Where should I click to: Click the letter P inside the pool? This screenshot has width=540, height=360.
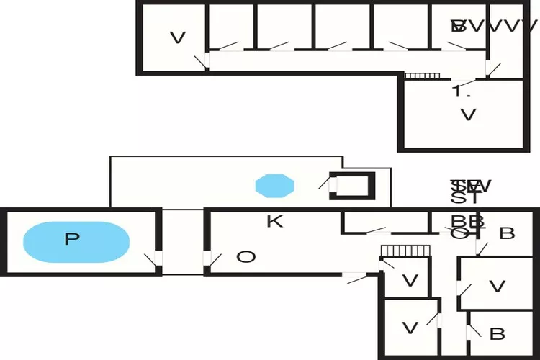tap(71, 239)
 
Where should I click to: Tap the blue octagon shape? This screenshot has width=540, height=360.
tap(275, 185)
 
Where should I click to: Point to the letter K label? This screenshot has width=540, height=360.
tap(274, 222)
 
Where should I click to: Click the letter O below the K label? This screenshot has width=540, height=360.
tap(246, 257)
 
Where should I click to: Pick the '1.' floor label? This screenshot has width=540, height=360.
tap(461, 91)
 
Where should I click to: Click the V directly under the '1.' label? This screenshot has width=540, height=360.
tap(468, 114)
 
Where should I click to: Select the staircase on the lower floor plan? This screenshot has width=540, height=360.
tap(405, 249)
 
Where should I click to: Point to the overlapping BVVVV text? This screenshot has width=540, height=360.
tap(494, 27)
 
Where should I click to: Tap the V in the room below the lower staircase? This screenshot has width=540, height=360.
tap(410, 281)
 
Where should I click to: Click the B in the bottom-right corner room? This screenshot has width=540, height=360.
tap(497, 334)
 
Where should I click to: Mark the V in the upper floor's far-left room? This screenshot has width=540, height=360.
tap(178, 37)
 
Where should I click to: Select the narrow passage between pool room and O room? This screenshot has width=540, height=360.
tap(182, 241)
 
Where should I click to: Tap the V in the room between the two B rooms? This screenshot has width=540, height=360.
tap(497, 287)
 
